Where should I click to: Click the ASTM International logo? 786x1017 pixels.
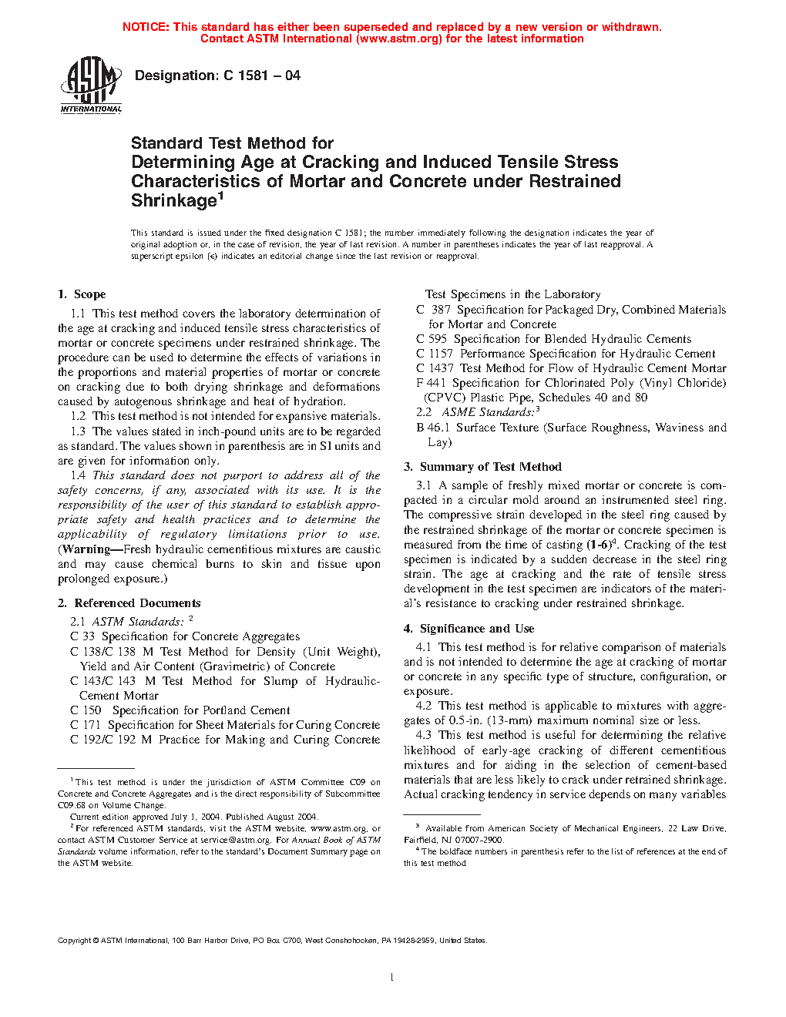(91, 85)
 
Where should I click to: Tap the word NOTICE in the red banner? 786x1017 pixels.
(145, 27)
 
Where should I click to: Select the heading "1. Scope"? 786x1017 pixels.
(82, 294)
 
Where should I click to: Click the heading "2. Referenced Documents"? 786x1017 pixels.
(129, 603)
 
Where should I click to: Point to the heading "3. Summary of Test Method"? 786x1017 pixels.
(482, 467)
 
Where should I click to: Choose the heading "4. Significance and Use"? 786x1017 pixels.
(469, 629)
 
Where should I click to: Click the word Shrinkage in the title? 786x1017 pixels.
(174, 201)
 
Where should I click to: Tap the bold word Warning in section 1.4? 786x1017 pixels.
(86, 549)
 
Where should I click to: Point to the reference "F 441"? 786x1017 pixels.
(431, 383)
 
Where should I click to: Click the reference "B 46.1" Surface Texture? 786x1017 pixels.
(432, 428)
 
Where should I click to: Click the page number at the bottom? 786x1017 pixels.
(392, 978)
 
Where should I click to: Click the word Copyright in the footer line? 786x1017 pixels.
(75, 940)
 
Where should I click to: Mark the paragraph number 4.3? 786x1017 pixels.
(423, 735)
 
